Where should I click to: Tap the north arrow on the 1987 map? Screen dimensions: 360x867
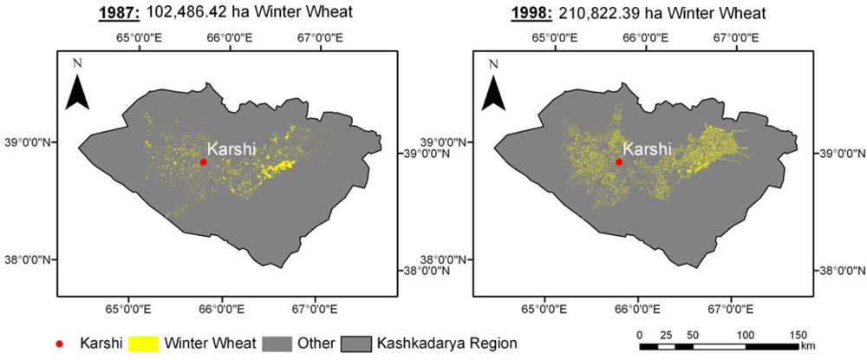point(78,90)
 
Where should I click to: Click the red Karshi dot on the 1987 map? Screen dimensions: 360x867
point(204,161)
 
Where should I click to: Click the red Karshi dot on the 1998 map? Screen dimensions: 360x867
point(619,161)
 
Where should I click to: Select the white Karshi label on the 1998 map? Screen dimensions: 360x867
point(647,148)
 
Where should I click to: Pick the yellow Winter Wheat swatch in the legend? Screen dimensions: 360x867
point(147,344)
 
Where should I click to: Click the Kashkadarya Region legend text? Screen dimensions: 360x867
point(447,344)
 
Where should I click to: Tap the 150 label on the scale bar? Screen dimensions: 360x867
point(799,335)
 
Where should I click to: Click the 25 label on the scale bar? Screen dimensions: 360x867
point(666,335)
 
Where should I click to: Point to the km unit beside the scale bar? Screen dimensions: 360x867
point(808,347)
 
